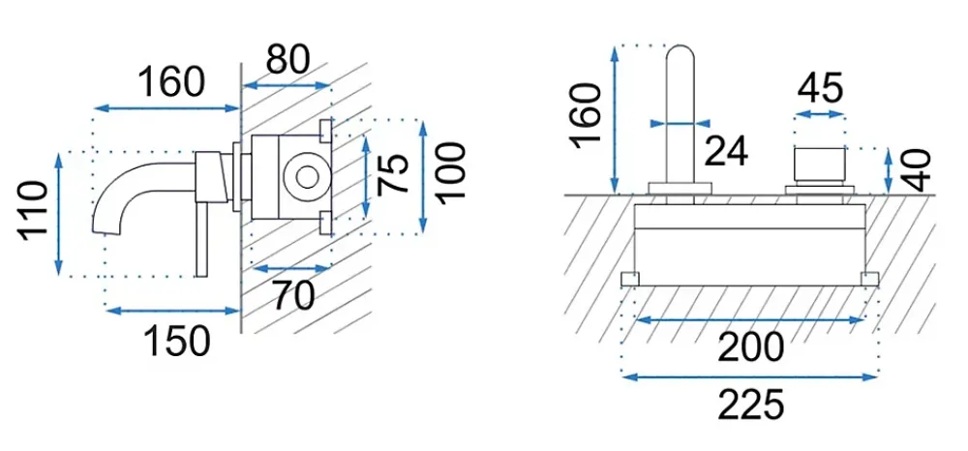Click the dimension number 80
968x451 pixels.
point(287,60)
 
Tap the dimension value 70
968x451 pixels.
point(294,296)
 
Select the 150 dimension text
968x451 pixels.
point(177,342)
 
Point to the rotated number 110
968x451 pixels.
point(33,211)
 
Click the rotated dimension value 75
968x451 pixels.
point(393,173)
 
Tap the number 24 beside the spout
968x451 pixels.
point(726,151)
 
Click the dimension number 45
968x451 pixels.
point(820,88)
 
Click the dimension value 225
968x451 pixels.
point(751,406)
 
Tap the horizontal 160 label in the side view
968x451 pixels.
point(170,82)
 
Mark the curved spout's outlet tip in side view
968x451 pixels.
point(105,230)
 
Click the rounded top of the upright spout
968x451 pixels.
point(681,49)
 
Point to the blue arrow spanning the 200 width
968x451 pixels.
point(749,319)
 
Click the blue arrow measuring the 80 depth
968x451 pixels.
point(286,86)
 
